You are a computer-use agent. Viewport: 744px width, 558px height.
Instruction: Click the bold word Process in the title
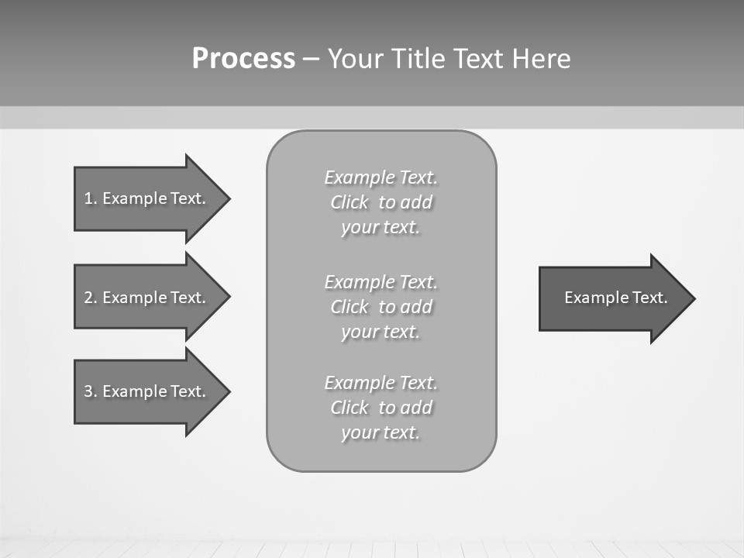(243, 59)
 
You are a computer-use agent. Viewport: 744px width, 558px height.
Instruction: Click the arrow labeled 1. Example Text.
(145, 198)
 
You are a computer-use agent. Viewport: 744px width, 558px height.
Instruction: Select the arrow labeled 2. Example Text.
(145, 298)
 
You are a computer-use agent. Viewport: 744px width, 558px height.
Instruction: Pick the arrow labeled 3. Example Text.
(145, 391)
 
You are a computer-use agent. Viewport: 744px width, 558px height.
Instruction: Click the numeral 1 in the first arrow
(88, 198)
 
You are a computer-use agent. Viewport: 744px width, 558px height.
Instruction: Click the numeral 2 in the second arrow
(88, 298)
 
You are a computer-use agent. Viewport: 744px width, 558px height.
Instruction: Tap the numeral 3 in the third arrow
(88, 391)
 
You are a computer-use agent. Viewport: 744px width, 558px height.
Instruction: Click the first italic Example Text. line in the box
(381, 177)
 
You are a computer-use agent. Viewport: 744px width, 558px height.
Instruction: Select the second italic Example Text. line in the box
(381, 281)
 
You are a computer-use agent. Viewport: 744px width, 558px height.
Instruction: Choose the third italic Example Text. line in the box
(381, 383)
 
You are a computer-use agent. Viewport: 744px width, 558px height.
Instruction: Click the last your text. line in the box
(381, 432)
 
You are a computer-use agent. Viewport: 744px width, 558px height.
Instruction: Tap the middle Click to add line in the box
(381, 307)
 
